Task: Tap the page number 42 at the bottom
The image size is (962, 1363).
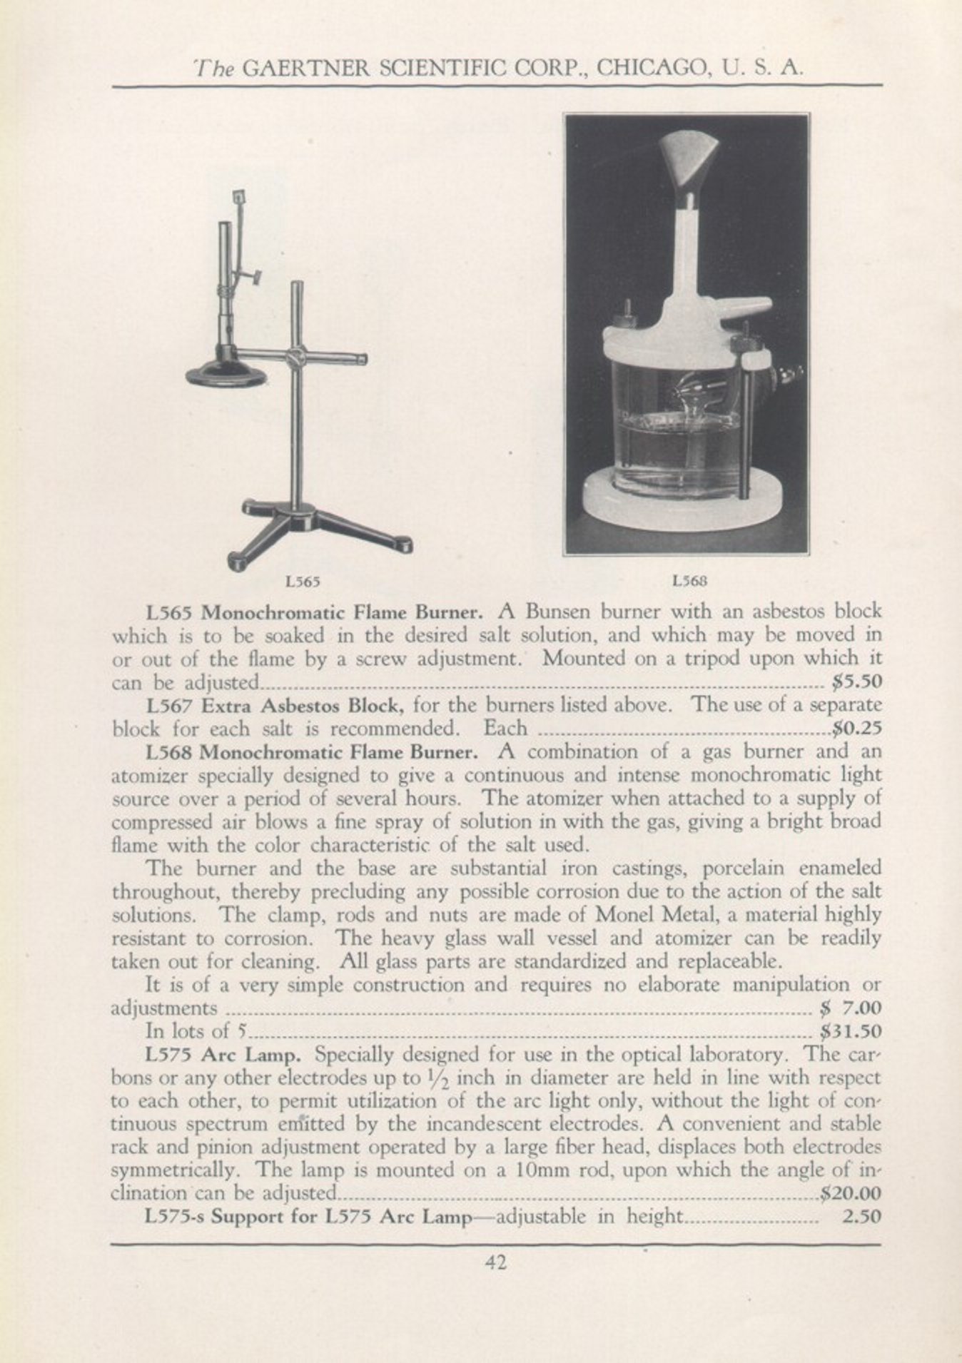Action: coord(496,1262)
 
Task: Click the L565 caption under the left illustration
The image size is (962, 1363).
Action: coord(302,581)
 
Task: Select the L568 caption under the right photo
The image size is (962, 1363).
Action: coord(689,581)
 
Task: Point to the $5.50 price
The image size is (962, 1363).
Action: coord(857,681)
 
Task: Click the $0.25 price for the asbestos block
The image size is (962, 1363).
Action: coord(857,729)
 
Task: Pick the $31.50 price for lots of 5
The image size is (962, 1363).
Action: coord(851,1031)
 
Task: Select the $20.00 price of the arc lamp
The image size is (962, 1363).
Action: coord(851,1192)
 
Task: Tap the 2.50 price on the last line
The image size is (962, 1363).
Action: coord(862,1216)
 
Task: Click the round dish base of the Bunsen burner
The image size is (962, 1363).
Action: coord(226,373)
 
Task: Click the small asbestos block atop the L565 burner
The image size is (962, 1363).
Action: coord(238,196)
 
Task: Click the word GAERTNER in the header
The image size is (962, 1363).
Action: coord(306,68)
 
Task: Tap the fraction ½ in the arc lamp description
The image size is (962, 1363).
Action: coord(428,1078)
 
